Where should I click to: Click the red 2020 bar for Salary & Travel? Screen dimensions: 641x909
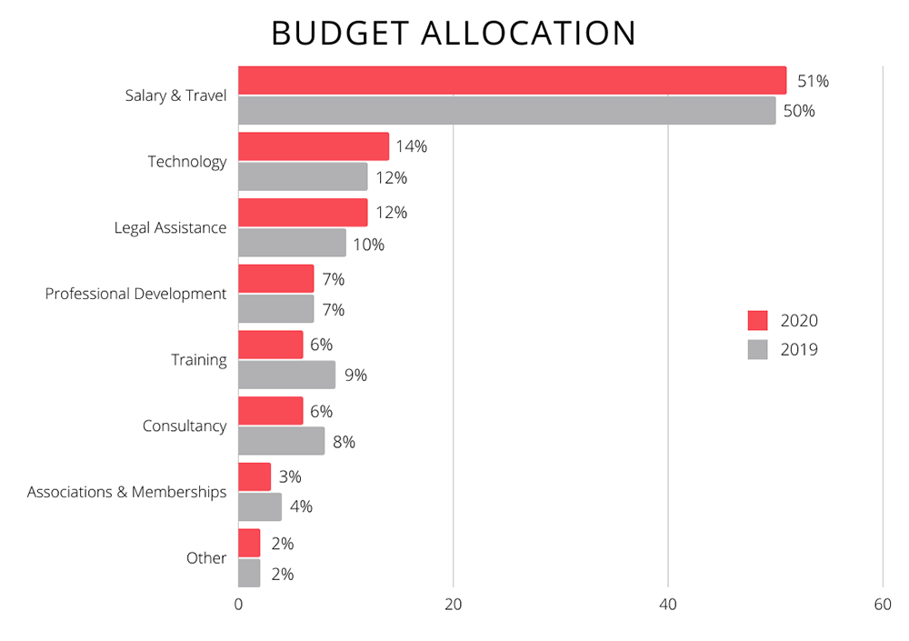[x=512, y=80]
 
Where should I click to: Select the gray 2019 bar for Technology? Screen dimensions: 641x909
[x=303, y=176]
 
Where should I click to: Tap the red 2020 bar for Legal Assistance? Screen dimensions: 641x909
[x=303, y=213]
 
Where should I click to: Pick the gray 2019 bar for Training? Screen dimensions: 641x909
[x=286, y=375]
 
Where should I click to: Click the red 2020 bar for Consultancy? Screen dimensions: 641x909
[x=270, y=411]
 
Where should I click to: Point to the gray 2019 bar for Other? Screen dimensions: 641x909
[x=249, y=573]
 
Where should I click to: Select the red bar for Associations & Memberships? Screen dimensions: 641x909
[x=255, y=476]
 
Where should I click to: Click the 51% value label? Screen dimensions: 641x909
[x=813, y=81]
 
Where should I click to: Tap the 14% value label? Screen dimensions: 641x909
[x=411, y=146]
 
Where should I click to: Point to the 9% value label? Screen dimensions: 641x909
[x=356, y=375]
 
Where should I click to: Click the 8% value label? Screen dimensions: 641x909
[x=344, y=442]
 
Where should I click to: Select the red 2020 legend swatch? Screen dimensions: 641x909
[x=757, y=320]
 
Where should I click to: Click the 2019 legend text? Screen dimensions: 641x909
[x=799, y=349]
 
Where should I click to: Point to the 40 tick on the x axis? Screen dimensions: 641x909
[x=668, y=606]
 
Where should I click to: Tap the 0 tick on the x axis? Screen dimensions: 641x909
[x=238, y=606]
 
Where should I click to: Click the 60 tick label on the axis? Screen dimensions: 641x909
[x=882, y=606]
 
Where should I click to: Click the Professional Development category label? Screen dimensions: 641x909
[x=135, y=294]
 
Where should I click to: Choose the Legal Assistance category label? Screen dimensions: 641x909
[x=170, y=227]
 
